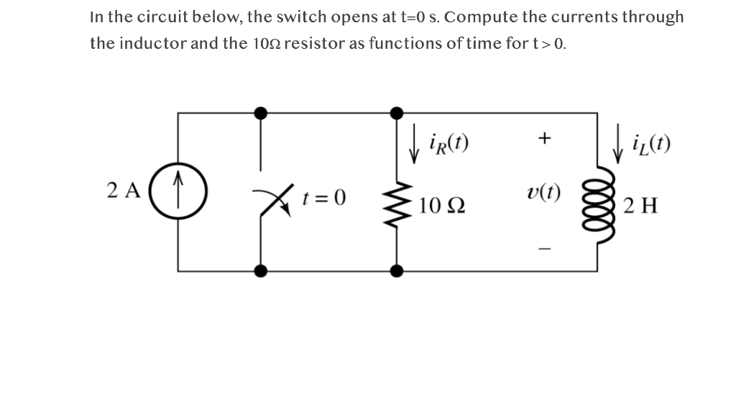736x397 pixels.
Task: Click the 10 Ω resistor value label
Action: pos(440,205)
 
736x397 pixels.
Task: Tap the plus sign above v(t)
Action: pos(545,137)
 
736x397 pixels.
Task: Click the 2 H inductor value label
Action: pos(638,205)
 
